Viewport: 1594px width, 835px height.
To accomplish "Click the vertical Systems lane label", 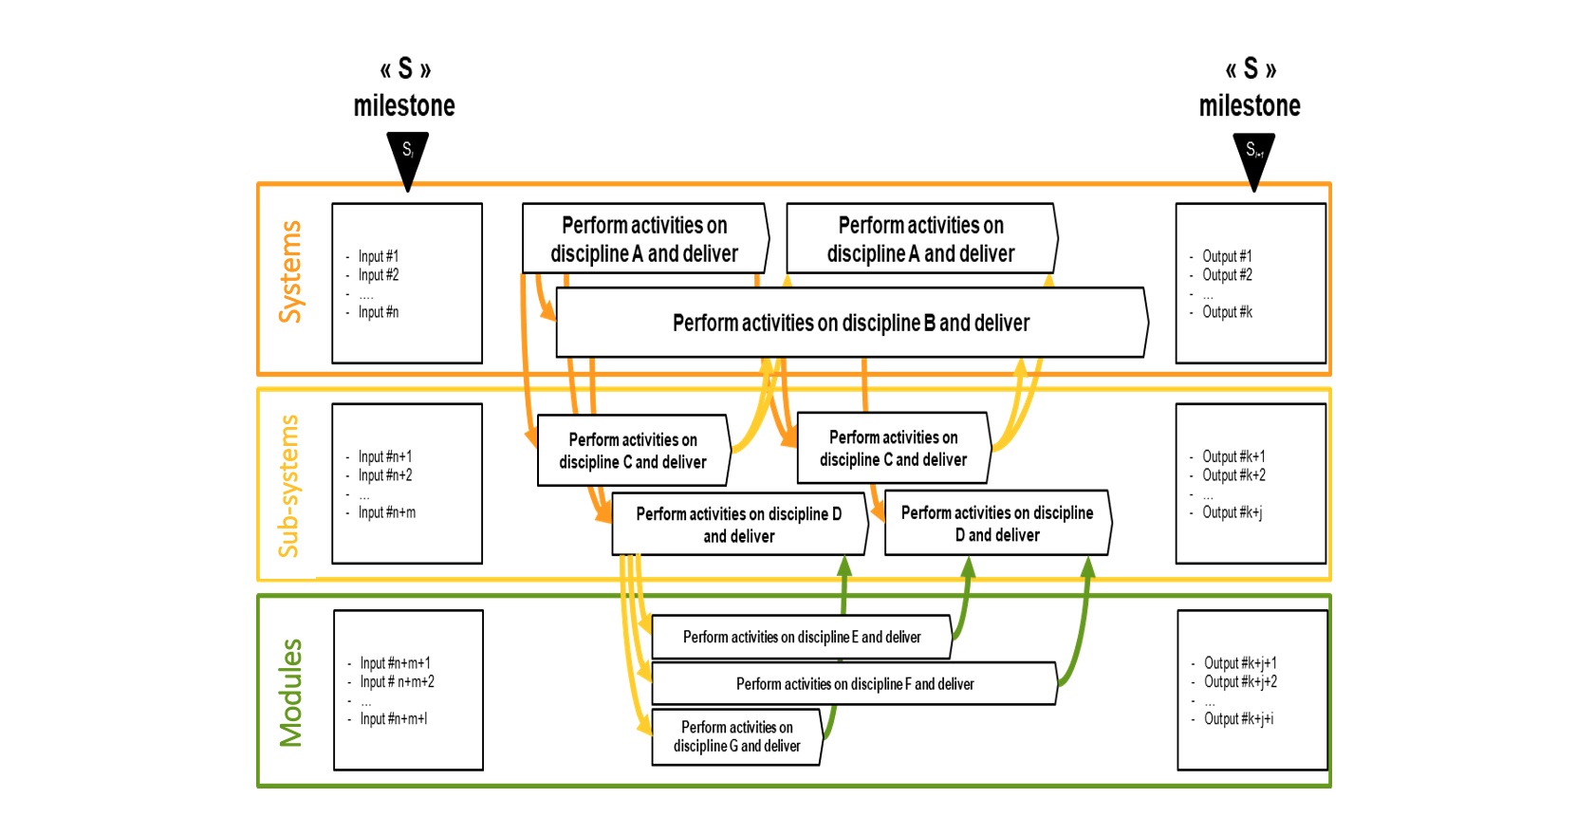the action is (290, 272).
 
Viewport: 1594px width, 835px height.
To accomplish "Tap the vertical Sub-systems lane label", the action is (288, 486).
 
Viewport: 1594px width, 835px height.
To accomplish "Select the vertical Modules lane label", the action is (290, 693).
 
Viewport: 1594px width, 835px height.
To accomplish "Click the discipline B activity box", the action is (852, 323).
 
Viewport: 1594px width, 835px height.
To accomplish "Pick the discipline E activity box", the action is (802, 637).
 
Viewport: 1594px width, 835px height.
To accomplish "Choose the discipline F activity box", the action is (855, 683).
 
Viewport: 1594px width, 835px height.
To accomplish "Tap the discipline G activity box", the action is (737, 736).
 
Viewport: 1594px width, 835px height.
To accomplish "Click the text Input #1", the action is (378, 256).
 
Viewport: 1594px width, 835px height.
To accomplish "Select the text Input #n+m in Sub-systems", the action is (387, 512).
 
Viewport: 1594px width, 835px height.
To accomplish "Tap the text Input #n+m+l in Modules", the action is (394, 719).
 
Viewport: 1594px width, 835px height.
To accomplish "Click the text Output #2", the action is (1227, 275).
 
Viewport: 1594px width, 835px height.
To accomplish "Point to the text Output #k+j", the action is (1233, 512).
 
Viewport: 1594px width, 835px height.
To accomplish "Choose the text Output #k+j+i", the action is (1239, 719).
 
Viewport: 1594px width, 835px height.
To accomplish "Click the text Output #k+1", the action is (1233, 456).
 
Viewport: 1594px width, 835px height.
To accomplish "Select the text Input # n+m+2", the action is (397, 682).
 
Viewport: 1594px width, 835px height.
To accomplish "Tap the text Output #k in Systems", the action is (1227, 312).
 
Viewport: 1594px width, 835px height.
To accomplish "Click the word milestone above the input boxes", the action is (404, 106).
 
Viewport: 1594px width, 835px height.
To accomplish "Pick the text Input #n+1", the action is (385, 456).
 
